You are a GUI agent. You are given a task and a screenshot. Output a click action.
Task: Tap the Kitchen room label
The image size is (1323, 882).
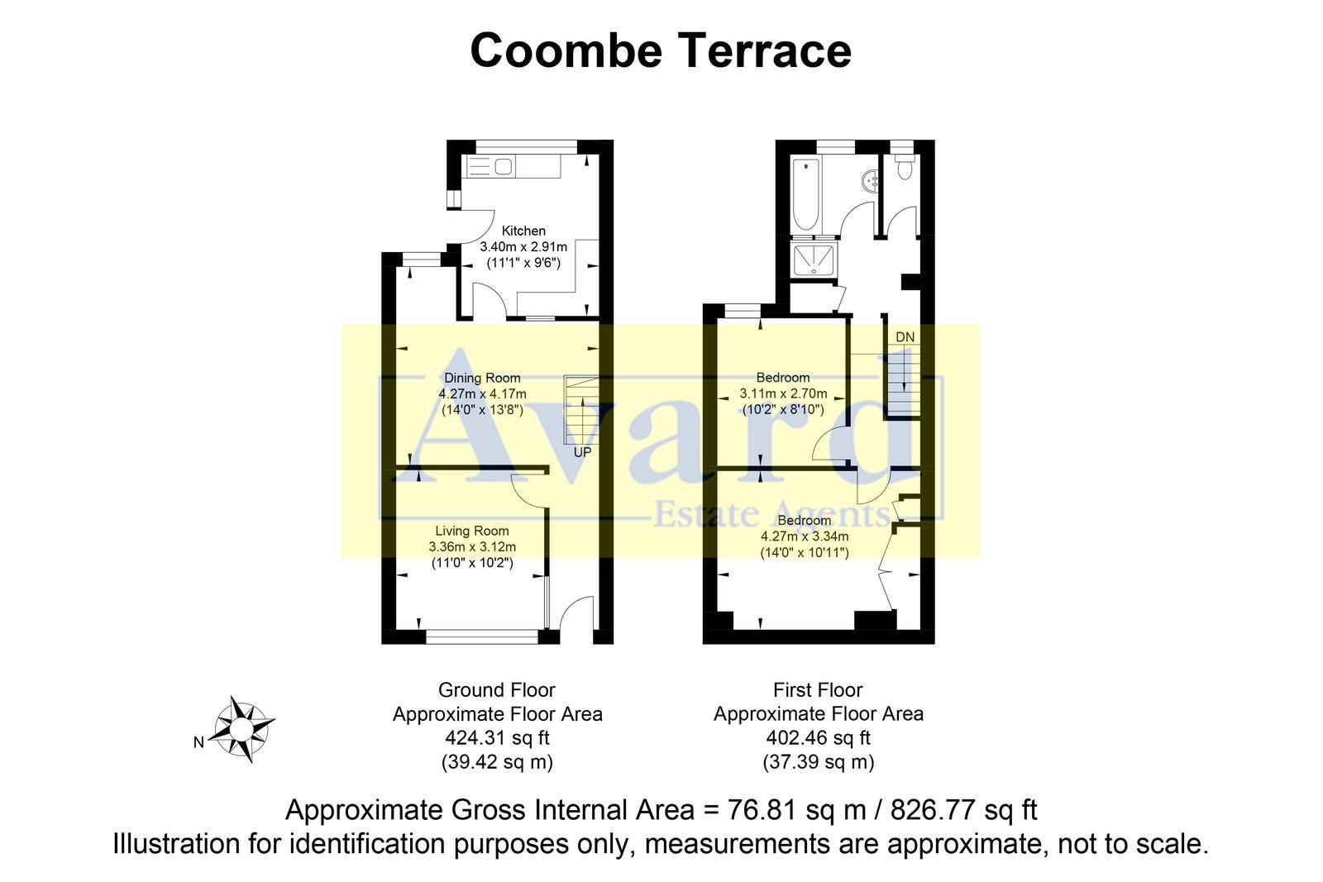[x=523, y=231]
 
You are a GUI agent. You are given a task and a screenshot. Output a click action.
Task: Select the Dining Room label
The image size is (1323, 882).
[x=482, y=378]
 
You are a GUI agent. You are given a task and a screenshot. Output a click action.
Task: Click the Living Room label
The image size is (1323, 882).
[x=472, y=531]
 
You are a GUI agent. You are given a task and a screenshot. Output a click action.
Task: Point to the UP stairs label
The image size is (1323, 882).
[x=582, y=453]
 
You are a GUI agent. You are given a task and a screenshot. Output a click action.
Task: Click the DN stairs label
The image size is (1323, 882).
[x=905, y=337]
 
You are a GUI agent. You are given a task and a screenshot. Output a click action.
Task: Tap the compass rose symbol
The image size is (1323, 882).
[x=241, y=728]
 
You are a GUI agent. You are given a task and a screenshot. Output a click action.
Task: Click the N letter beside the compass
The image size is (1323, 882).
[x=198, y=742]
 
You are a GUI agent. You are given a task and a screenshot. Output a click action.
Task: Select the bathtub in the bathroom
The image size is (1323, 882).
[x=805, y=193]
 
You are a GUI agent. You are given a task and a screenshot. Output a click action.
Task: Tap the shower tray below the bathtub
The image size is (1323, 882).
[x=815, y=260]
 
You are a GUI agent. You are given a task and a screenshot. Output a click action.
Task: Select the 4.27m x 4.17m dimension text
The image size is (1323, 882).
[x=482, y=393]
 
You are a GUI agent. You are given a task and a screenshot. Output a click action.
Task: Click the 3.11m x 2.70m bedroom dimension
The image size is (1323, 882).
[x=783, y=393]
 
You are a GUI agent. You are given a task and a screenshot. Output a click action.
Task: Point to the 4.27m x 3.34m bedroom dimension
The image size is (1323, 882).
[x=805, y=536]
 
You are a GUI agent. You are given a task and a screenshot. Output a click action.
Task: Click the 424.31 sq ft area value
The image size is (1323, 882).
[x=497, y=737]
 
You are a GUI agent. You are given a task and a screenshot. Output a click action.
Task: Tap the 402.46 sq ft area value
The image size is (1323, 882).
[x=818, y=737]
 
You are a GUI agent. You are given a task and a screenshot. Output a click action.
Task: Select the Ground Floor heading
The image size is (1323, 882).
[x=496, y=690]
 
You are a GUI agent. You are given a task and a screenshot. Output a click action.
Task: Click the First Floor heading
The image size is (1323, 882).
[x=818, y=690]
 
